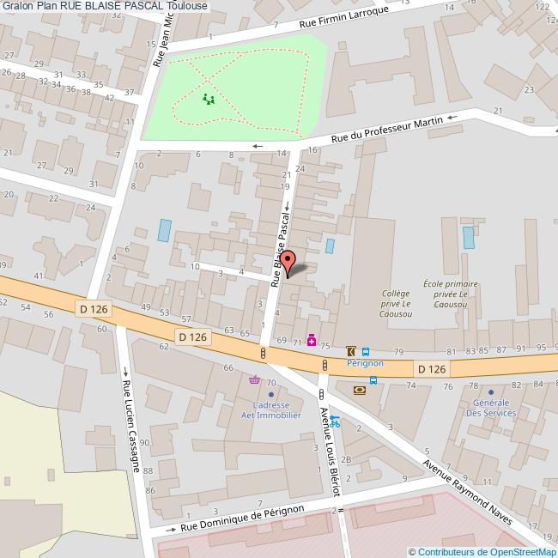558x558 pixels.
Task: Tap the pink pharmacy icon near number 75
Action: click(x=312, y=341)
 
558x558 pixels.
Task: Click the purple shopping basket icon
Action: click(x=254, y=380)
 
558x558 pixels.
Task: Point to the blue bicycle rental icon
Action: click(x=335, y=422)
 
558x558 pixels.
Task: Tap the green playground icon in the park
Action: click(x=208, y=100)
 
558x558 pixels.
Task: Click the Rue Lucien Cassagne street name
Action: click(x=130, y=425)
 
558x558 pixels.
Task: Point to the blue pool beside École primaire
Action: click(x=468, y=238)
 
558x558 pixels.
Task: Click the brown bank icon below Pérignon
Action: click(x=359, y=390)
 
